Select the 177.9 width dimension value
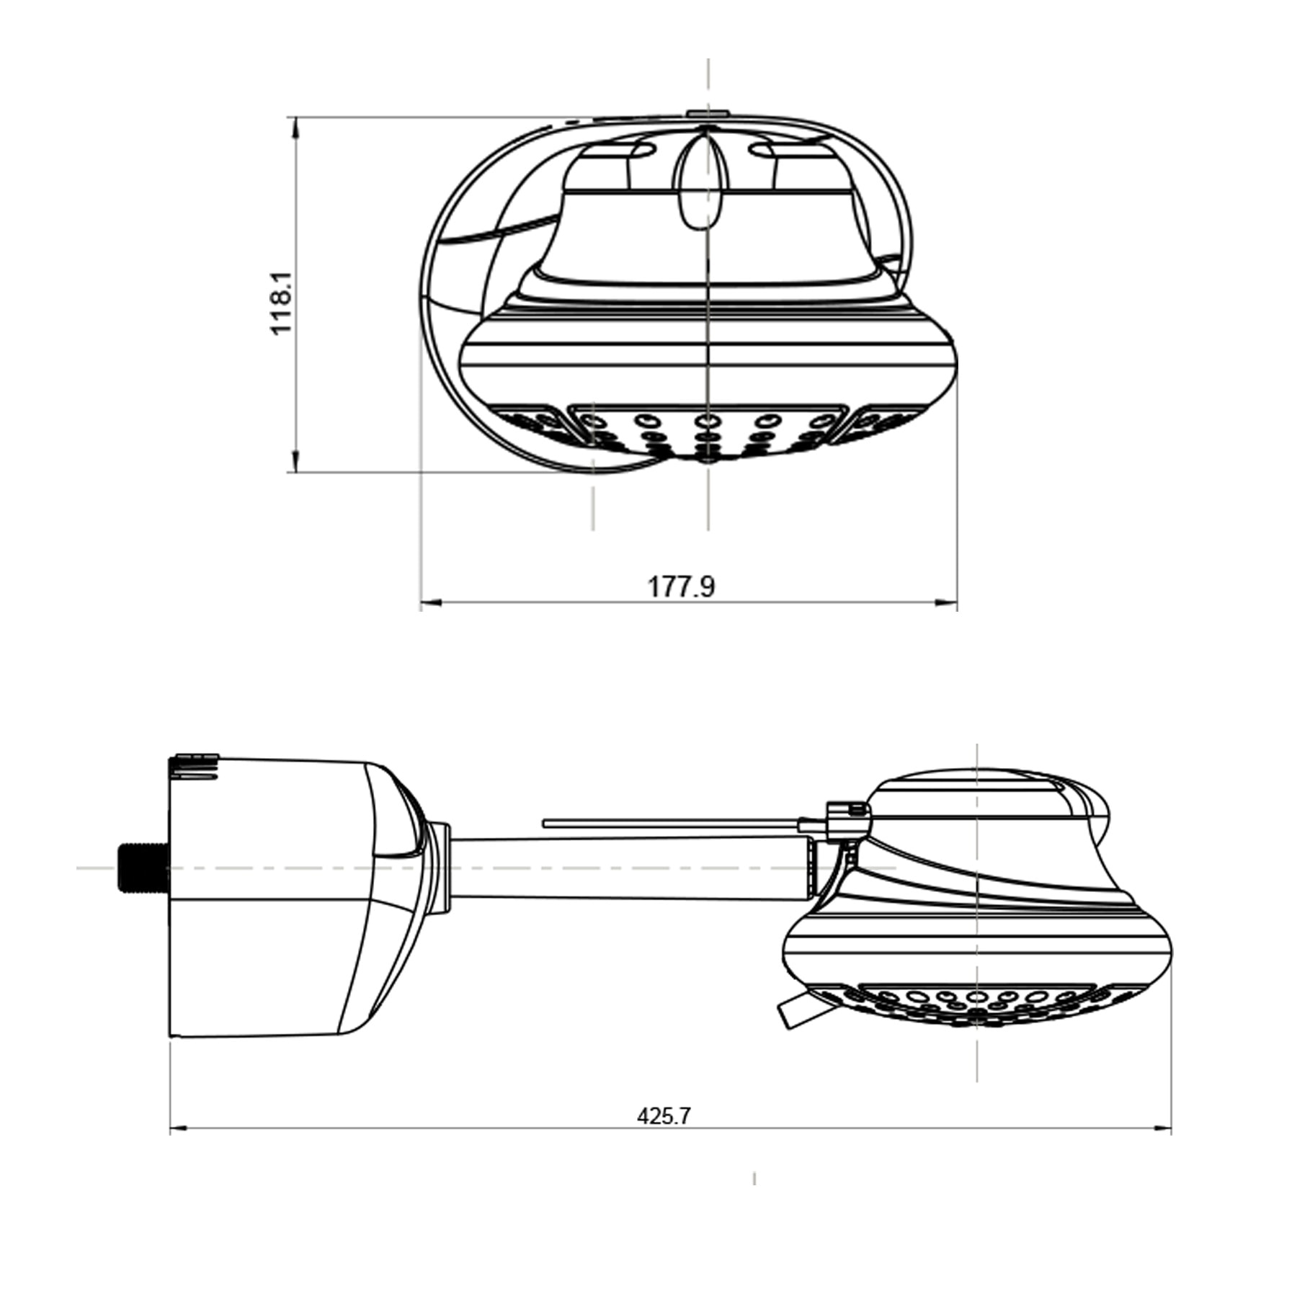pyautogui.click(x=682, y=587)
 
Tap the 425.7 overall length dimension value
pyautogui.click(x=664, y=1116)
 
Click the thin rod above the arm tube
pyautogui.click(x=672, y=823)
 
